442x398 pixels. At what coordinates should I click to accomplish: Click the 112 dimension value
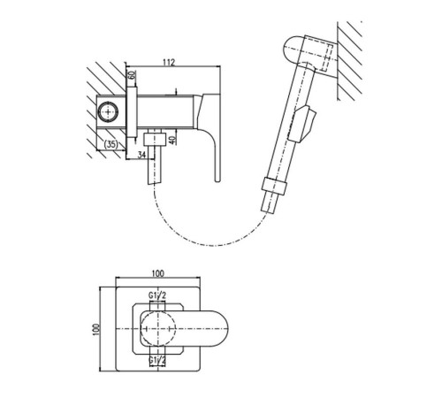pos(169,62)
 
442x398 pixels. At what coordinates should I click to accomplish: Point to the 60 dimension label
pos(132,74)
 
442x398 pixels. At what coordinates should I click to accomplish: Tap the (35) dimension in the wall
pos(111,144)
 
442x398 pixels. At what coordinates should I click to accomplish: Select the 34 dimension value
pos(141,155)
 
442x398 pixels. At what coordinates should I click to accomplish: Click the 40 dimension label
pos(173,139)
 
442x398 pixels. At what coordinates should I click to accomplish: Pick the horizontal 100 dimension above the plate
pos(158,273)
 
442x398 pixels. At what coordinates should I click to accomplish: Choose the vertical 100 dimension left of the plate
pos(96,329)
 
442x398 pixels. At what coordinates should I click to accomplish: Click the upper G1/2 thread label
pos(157,295)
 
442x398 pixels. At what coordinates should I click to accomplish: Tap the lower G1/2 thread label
pos(157,360)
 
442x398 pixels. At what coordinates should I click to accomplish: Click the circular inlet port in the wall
pos(109,112)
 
